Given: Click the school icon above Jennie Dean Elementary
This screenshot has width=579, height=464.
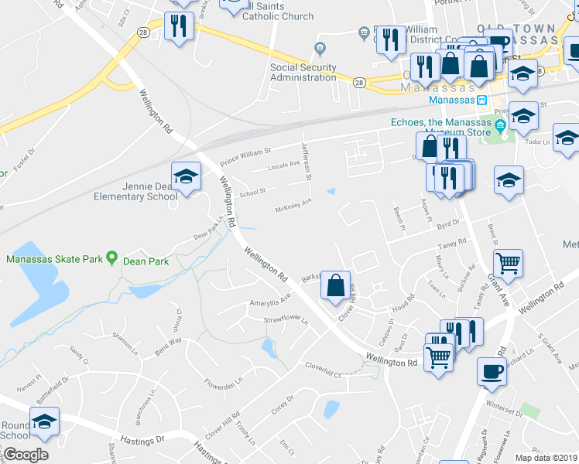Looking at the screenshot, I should point(186,178).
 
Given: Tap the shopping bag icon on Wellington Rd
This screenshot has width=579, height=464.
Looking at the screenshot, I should point(336,285).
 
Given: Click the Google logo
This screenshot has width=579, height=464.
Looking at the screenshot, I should point(25,455).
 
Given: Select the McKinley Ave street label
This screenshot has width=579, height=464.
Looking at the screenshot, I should point(294,206).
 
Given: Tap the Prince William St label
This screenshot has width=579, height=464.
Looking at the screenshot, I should point(246,157).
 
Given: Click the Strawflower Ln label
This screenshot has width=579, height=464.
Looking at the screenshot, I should point(286,319).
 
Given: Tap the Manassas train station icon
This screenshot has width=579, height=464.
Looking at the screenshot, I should point(481,100).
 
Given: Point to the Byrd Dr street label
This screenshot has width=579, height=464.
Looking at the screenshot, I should point(448,223).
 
